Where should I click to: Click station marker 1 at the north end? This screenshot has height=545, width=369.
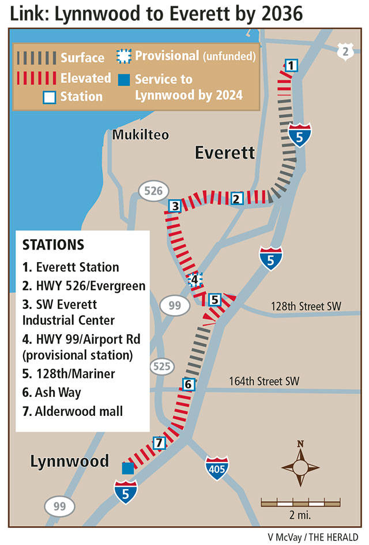pyautogui.click(x=291, y=65)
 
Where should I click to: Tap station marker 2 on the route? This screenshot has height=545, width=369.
pyautogui.click(x=236, y=199)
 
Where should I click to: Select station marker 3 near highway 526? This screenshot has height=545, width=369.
pyautogui.click(x=174, y=206)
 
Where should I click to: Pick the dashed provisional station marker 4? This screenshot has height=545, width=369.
pyautogui.click(x=195, y=280)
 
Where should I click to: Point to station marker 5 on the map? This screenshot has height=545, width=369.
pyautogui.click(x=214, y=300)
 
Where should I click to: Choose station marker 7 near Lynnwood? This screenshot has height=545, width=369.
pyautogui.click(x=160, y=443)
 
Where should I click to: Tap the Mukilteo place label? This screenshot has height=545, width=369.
pyautogui.click(x=141, y=135)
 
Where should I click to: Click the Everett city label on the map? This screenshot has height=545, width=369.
pyautogui.click(x=224, y=153)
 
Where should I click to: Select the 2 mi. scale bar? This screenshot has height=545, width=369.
pyautogui.click(x=293, y=503)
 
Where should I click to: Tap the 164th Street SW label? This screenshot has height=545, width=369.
pyautogui.click(x=264, y=381)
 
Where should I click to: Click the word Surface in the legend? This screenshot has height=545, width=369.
pyautogui.click(x=82, y=58)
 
